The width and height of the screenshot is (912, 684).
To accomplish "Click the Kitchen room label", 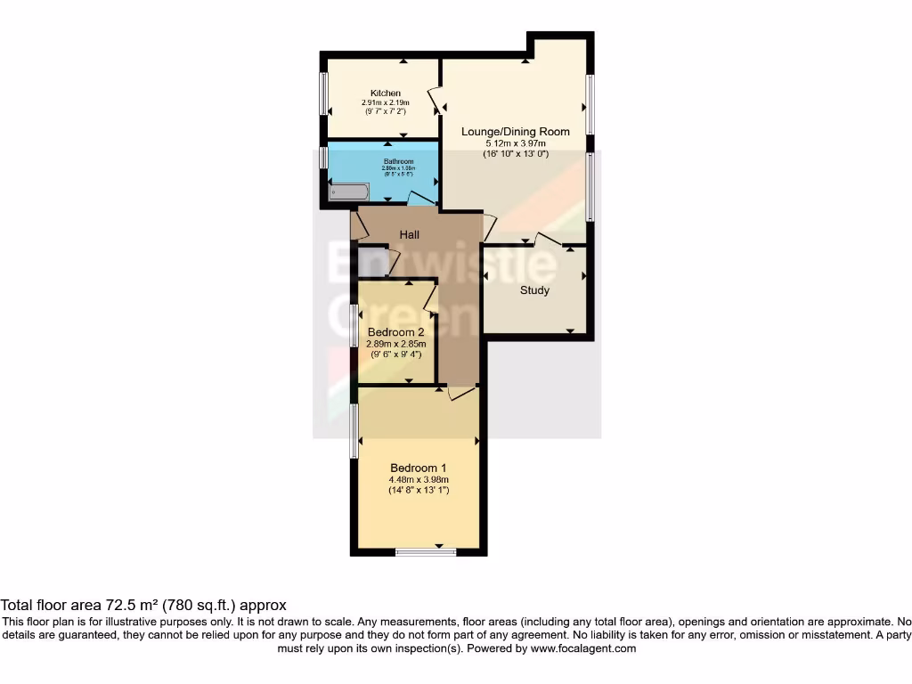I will point(386,94).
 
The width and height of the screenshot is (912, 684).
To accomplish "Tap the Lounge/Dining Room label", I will point(515,132).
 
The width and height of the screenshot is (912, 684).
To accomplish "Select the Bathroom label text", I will point(387,162).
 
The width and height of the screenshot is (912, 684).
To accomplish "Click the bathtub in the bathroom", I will point(348,191).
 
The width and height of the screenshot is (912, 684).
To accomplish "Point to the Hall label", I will point(409,235).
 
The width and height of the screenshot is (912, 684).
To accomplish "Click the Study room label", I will point(534,290).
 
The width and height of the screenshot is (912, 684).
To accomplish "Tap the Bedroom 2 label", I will point(396,332).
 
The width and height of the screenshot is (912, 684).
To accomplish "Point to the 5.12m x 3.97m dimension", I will point(515,143).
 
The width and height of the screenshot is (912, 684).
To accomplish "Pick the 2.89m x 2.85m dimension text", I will point(396,344).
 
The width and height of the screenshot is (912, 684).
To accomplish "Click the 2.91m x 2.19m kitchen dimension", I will point(386,103).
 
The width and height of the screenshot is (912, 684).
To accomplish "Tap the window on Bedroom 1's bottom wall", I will point(426,552).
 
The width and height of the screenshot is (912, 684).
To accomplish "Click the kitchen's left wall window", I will point(324,94).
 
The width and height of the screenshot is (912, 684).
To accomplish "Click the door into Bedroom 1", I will point(461,392).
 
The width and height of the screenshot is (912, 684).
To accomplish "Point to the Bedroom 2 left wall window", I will point(354,325).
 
